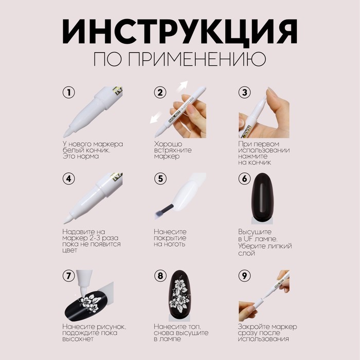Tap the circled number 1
[x=68, y=93]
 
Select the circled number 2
[x=160, y=93]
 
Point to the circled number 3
[x=244, y=93]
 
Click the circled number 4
[x=68, y=179]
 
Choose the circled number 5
[x=160, y=179]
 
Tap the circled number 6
[x=244, y=179]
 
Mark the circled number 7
[x=68, y=275]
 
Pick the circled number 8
[x=160, y=275]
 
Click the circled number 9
[x=244, y=275]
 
